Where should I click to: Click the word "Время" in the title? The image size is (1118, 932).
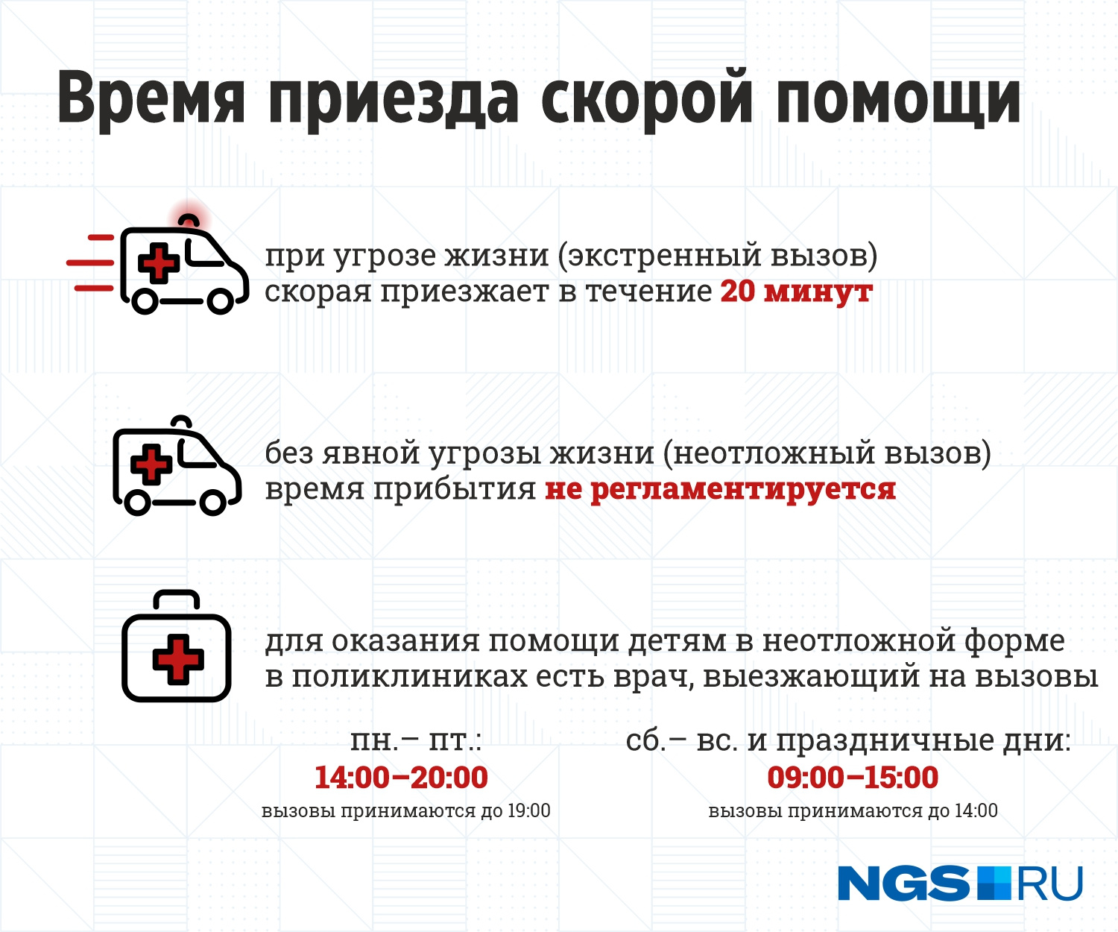click(x=151, y=100)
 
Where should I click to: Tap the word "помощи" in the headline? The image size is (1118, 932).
click(x=897, y=100)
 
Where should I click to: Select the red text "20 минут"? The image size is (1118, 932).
click(x=797, y=292)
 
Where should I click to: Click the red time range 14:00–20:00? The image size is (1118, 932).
click(x=401, y=777)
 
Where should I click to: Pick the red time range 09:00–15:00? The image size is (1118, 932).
click(x=853, y=777)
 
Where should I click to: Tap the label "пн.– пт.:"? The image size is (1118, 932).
click(x=416, y=741)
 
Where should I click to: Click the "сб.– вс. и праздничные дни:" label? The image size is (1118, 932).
click(x=848, y=742)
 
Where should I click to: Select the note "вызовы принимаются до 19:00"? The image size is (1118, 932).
click(x=406, y=811)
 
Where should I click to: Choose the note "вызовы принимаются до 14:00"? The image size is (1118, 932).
click(x=853, y=811)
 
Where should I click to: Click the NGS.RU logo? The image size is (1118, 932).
click(x=960, y=884)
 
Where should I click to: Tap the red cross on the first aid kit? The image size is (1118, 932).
click(x=178, y=659)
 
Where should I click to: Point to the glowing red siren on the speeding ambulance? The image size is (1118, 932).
click(x=188, y=220)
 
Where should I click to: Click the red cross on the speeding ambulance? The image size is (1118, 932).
click(x=159, y=263)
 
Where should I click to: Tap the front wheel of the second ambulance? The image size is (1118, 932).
click(x=213, y=503)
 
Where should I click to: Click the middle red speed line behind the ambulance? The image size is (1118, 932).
click(x=90, y=262)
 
